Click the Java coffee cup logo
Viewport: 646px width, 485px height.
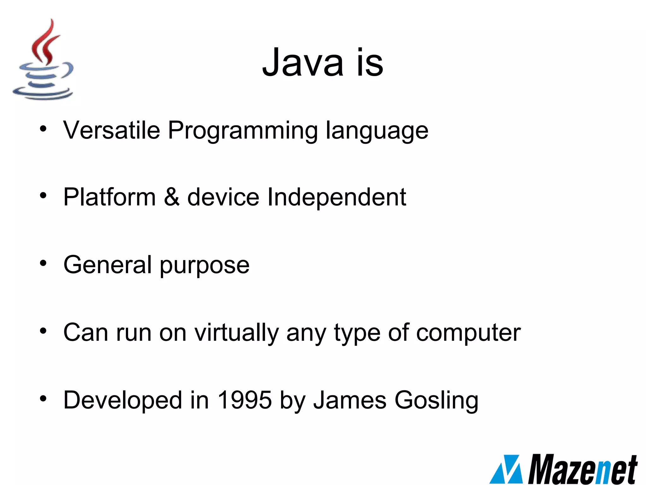click(x=43, y=60)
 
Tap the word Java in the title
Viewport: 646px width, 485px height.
click(x=302, y=62)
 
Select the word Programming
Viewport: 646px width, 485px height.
click(x=243, y=131)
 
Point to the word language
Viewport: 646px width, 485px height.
click(x=377, y=131)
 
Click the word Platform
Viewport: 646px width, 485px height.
click(x=109, y=197)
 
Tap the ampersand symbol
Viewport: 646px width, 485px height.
click(x=172, y=197)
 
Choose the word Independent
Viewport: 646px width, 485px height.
click(x=336, y=198)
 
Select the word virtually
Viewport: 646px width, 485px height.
click(x=236, y=333)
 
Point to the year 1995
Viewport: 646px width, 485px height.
click(x=245, y=400)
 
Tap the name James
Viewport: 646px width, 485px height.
click(x=350, y=400)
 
